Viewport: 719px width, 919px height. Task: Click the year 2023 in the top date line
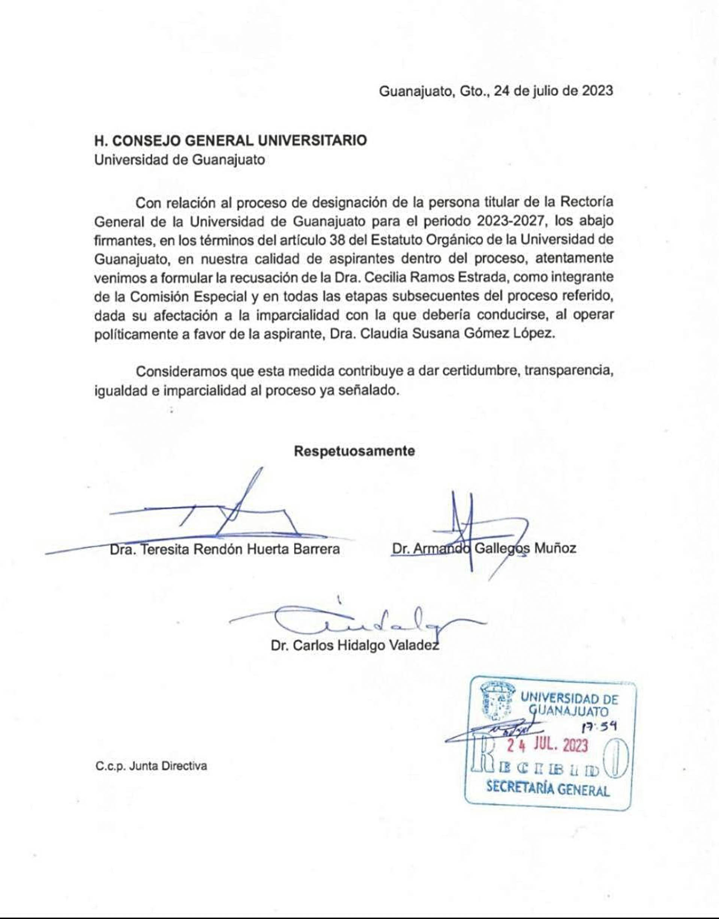(x=597, y=91)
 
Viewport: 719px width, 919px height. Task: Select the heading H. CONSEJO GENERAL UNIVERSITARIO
(x=230, y=140)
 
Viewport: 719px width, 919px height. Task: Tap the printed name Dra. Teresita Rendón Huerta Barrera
(x=225, y=549)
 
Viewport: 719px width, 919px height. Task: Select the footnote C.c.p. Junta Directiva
(x=151, y=766)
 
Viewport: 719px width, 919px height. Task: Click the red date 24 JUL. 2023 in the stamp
(x=547, y=746)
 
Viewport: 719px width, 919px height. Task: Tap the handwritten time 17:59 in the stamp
(x=599, y=727)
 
